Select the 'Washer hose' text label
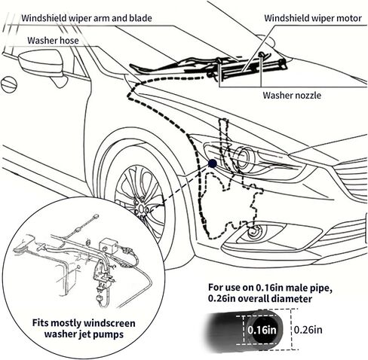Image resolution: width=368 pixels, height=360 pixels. click(x=55, y=40)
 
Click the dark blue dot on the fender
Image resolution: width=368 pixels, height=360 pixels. click(x=213, y=163)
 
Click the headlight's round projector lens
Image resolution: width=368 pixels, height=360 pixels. click(x=243, y=159)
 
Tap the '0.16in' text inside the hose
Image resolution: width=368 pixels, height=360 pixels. click(x=262, y=329)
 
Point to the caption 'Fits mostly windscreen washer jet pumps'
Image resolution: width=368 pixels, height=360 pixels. click(x=83, y=329)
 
